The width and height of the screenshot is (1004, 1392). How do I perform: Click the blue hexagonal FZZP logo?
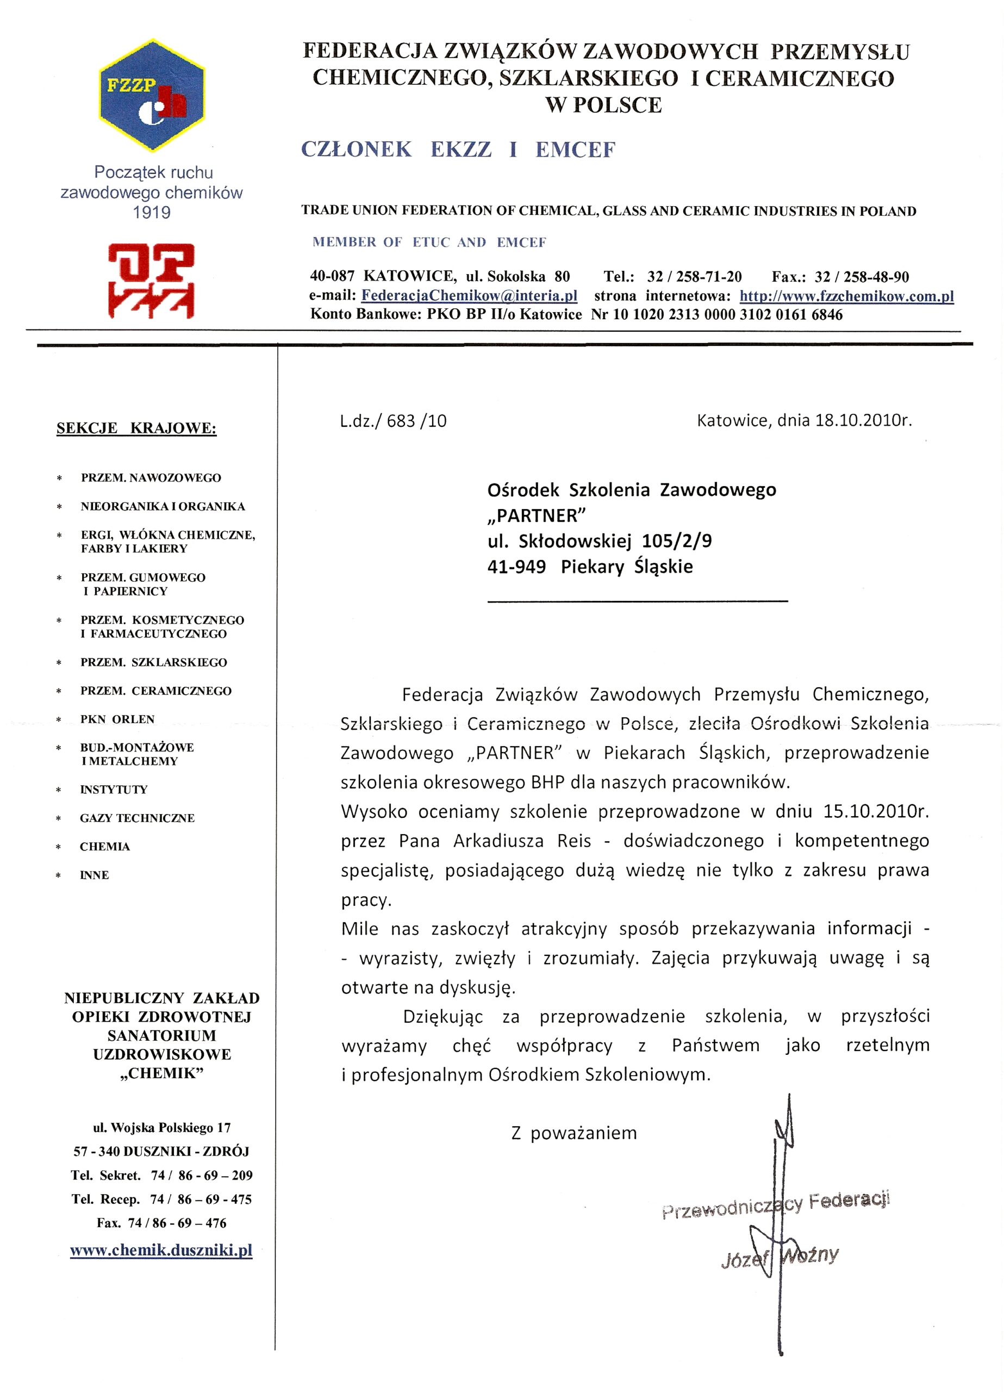pos(152,96)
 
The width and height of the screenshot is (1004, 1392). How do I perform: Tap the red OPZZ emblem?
pos(151,281)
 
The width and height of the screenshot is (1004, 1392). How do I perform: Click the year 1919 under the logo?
pos(152,213)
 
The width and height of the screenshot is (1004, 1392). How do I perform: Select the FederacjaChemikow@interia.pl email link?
pos(469,295)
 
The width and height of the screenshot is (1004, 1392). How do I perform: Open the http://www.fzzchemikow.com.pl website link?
pos(846,296)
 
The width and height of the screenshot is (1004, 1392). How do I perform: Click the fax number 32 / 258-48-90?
pos(862,277)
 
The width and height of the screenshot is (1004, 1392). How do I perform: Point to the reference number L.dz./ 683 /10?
pos(393,421)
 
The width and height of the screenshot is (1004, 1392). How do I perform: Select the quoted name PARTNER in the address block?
pos(533,515)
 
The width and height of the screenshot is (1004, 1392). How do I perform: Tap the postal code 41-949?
pos(516,567)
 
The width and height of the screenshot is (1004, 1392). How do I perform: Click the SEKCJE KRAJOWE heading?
pos(136,428)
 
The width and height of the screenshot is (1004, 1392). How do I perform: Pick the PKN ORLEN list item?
pos(117,719)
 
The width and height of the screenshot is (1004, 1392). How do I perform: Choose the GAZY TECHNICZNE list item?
pos(137,818)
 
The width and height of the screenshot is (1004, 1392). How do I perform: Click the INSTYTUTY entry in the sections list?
pos(114,790)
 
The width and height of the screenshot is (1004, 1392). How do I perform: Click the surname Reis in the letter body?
pos(574,841)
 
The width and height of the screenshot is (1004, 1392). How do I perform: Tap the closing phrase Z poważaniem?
pos(574,1133)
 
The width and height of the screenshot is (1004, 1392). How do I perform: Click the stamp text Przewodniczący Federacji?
pos(776,1205)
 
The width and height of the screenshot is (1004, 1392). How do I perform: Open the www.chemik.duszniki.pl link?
pos(161,1250)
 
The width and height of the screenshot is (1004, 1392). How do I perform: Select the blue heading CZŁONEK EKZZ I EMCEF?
pos(458,150)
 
